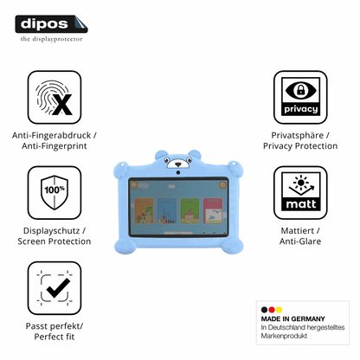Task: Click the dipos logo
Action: pyautogui.click(x=51, y=24)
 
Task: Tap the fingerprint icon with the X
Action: pyautogui.click(x=55, y=98)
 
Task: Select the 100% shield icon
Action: pyautogui.click(x=55, y=193)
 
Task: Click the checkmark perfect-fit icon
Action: pyautogui.click(x=55, y=288)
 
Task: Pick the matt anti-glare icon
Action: pyautogui.click(x=300, y=193)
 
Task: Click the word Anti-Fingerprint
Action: pyautogui.click(x=55, y=146)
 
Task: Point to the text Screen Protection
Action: pyautogui.click(x=55, y=241)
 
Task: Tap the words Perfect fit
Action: pyautogui.click(x=55, y=337)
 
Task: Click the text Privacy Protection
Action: pyautogui.click(x=300, y=146)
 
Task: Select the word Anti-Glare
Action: pyautogui.click(x=300, y=241)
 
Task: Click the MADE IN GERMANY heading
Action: pyautogui.click(x=292, y=318)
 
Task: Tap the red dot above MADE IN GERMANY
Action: pyautogui.click(x=272, y=310)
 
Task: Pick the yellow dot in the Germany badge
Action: pyautogui.click(x=279, y=310)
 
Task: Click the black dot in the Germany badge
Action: pyautogui.click(x=264, y=310)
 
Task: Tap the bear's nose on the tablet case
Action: pyautogui.click(x=178, y=164)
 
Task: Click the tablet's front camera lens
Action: pyautogui.click(x=178, y=172)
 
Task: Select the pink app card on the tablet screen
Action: pyautogui.click(x=213, y=211)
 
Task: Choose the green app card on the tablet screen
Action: pyautogui.click(x=190, y=211)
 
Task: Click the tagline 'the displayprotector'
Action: pyautogui.click(x=51, y=39)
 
